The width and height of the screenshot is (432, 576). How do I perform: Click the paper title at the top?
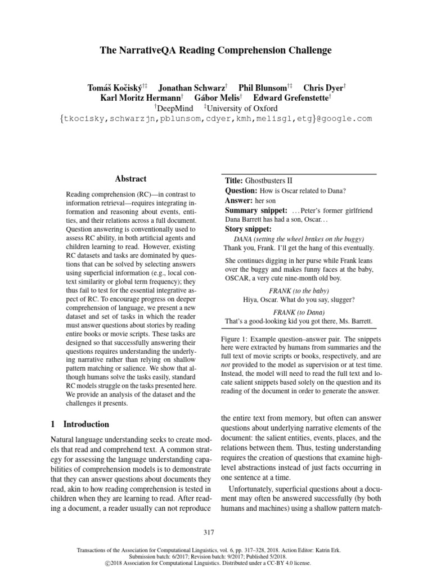(215, 51)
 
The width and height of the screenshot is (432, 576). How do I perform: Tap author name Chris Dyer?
(324, 88)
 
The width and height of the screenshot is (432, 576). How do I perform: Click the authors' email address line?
(215, 119)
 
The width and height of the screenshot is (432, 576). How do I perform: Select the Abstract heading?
(130, 179)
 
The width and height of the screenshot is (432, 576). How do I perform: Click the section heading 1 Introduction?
(80, 424)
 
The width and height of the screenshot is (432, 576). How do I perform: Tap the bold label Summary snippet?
(256, 210)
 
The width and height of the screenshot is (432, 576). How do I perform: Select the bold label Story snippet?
(248, 229)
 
